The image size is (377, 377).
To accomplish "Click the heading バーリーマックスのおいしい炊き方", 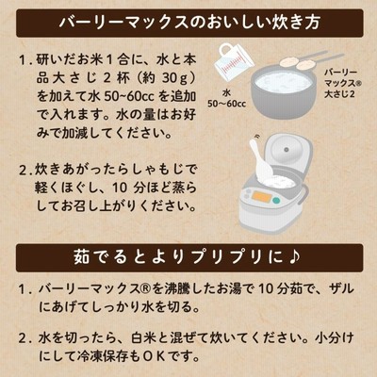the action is click(x=189, y=23).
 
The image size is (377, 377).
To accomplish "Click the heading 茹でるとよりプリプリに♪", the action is click(x=188, y=257).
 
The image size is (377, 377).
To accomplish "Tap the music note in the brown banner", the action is click(x=293, y=257).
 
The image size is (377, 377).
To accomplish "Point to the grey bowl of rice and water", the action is click(x=284, y=91).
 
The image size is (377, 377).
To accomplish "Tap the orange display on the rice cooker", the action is click(x=262, y=197).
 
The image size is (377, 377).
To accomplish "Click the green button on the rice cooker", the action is click(x=276, y=201).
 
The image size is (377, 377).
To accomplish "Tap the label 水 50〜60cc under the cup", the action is click(x=227, y=98).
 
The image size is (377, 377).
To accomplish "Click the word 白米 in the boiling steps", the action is click(x=144, y=338).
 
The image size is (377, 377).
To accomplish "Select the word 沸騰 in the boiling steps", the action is click(x=176, y=288).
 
